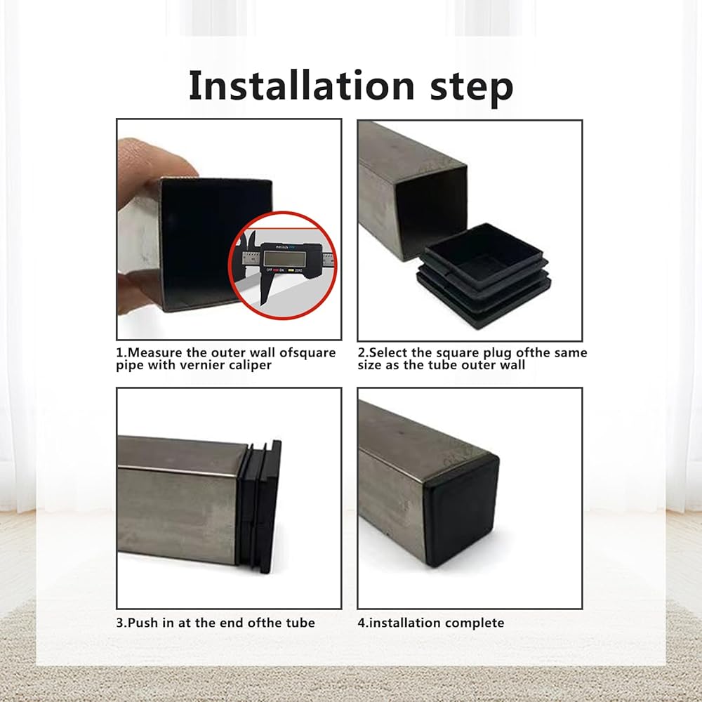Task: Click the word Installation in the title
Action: tap(302, 86)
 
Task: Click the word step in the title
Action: tap(472, 88)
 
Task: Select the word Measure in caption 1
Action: tap(155, 353)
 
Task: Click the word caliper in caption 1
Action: tap(251, 365)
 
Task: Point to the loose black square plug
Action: tap(484, 274)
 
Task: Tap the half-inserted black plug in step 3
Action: tap(259, 506)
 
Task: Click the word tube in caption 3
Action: tap(301, 623)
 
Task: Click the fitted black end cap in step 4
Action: tap(461, 510)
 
